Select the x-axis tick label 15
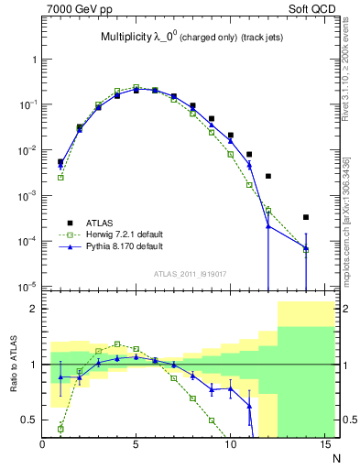coord(323,446)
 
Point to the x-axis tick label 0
coord(42,446)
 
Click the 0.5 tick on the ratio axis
coord(30,420)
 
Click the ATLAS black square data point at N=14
coord(306,217)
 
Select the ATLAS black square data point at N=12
coord(268,176)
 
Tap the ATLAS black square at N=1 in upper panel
coord(60,161)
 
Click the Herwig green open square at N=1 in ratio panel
coord(60,428)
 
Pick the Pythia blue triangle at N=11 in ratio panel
coord(249,406)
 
